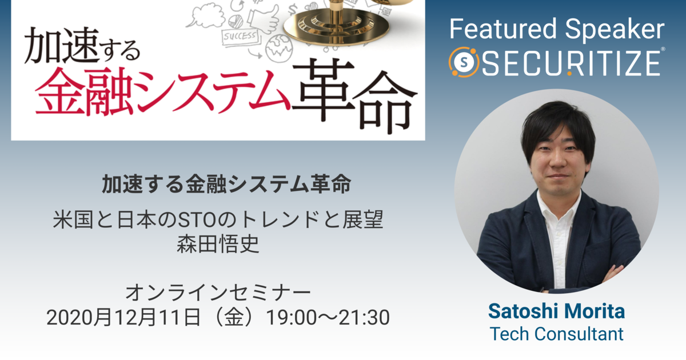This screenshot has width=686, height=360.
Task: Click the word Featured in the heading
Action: tap(503, 29)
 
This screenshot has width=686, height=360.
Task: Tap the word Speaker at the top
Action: tap(615, 30)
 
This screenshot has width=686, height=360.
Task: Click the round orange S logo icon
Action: tap(464, 62)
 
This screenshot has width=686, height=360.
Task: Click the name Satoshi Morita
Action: tap(556, 311)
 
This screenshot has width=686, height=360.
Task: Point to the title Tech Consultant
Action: tap(556, 334)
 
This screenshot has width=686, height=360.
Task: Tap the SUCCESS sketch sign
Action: tap(240, 37)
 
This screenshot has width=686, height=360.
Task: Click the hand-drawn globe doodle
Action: tap(279, 49)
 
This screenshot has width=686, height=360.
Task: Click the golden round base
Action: tap(336, 27)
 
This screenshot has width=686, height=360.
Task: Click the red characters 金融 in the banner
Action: tap(84, 91)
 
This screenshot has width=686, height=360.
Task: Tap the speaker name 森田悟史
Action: tap(218, 244)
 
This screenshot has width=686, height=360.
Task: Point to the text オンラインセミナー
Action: tap(218, 293)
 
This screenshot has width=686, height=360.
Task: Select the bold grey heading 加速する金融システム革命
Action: tap(226, 184)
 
